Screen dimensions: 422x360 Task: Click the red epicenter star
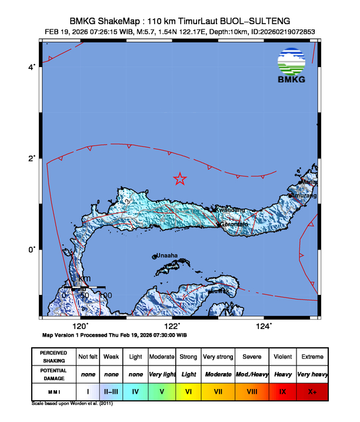(180, 179)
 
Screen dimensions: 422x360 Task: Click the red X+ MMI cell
(312, 391)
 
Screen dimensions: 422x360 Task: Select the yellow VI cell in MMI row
(188, 391)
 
